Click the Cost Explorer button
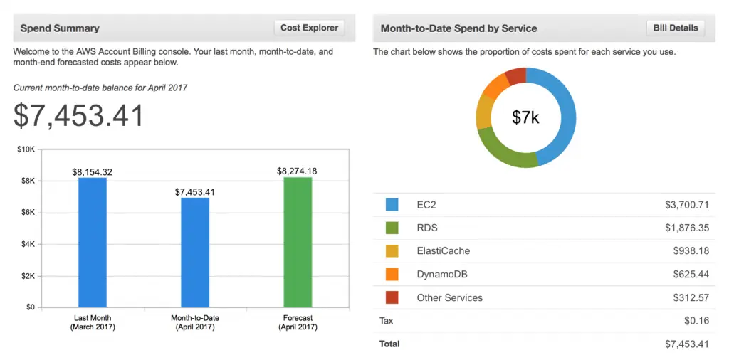click(309, 28)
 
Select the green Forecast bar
click(298, 242)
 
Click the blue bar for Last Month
click(93, 242)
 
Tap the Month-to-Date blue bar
click(195, 253)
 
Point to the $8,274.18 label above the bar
click(297, 171)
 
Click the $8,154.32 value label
click(93, 172)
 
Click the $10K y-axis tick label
click(25, 149)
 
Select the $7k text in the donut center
click(526, 117)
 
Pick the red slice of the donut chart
click(516, 75)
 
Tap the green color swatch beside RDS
click(392, 228)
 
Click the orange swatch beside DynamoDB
click(392, 274)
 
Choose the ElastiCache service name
click(443, 251)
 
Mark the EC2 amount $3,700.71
click(686, 205)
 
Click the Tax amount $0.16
click(696, 321)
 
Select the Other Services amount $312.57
click(691, 297)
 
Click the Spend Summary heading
click(60, 28)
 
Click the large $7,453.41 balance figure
click(79, 116)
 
